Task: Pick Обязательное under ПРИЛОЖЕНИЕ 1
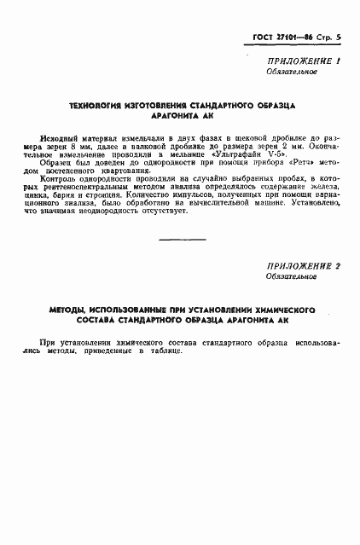(x=292, y=72)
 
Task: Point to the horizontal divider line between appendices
(x=182, y=240)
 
